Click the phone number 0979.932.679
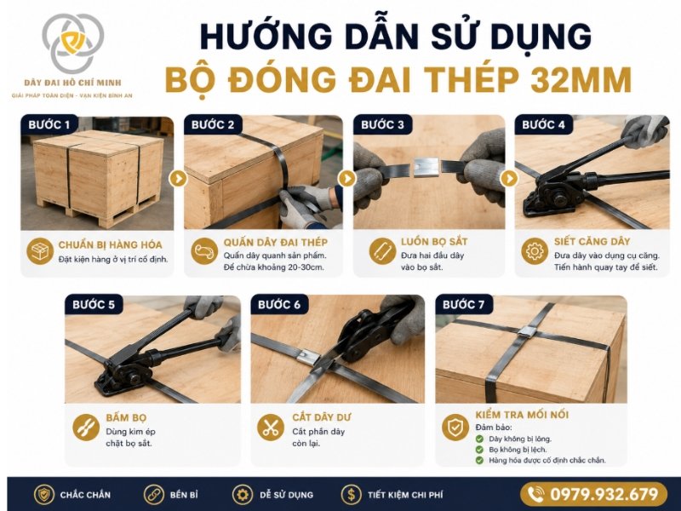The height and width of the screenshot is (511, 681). point(604,495)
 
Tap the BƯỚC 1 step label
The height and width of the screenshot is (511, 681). point(49,124)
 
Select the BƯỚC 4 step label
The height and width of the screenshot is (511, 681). point(543,124)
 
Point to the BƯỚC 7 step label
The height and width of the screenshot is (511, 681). point(463,304)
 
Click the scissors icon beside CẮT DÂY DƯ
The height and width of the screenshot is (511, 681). point(271,428)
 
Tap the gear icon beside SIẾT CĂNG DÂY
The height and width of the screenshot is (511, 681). point(535,250)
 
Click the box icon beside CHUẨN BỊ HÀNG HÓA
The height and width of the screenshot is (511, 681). point(39,251)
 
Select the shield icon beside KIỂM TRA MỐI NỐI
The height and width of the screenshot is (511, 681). point(455,428)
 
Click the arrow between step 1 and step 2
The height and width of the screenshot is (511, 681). point(178,178)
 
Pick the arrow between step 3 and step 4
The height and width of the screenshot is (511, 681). point(509,178)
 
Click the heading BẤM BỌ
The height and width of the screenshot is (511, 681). point(126,417)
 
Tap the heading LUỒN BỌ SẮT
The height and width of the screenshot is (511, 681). point(434,242)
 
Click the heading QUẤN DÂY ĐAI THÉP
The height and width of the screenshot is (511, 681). point(276,242)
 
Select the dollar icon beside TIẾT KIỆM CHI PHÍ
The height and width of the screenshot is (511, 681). point(351,495)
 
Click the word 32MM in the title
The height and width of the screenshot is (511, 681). point(581,79)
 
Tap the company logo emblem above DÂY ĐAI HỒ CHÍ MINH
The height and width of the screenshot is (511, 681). point(73,42)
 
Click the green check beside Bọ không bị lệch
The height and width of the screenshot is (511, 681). point(479,450)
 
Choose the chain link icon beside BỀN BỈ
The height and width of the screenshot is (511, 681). point(154,495)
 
